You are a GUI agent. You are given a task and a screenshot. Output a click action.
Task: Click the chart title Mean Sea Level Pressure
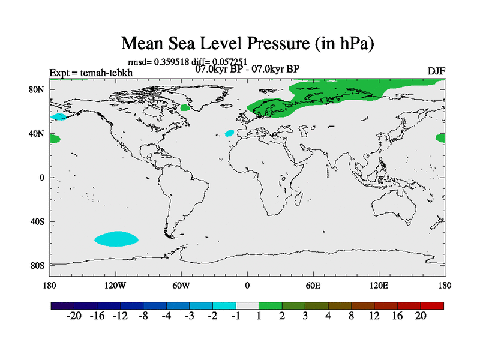coord(247,43)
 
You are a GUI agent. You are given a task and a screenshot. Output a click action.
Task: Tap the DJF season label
coord(436,71)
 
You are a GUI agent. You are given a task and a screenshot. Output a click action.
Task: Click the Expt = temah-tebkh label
coord(91,73)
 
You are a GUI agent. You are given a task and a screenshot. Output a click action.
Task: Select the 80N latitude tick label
coord(37,90)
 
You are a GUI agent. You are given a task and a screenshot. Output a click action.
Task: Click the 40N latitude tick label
coord(37,134)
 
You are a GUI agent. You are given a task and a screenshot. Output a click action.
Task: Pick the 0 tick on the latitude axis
coord(43,178)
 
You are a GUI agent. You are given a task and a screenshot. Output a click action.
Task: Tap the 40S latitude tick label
coord(37,221)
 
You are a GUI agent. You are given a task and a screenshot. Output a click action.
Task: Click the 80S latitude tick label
coord(37,265)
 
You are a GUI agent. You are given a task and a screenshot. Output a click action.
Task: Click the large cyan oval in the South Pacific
coord(116,239)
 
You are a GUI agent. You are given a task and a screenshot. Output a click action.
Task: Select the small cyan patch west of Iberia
coord(229,133)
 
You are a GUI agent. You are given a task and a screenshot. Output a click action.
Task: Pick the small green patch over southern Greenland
coord(185,107)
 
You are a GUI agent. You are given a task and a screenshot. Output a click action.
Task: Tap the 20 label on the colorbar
coord(421,316)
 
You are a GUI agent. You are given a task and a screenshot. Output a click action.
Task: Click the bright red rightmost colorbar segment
coord(432,305)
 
